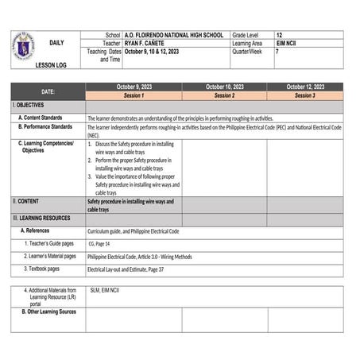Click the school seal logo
25,45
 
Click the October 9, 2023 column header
134,87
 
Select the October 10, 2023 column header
224,87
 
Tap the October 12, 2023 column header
304,87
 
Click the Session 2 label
224,95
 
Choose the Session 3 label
304,95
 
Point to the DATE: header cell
48,91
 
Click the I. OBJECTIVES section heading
29,105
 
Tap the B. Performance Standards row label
49,126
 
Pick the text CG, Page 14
99,244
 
